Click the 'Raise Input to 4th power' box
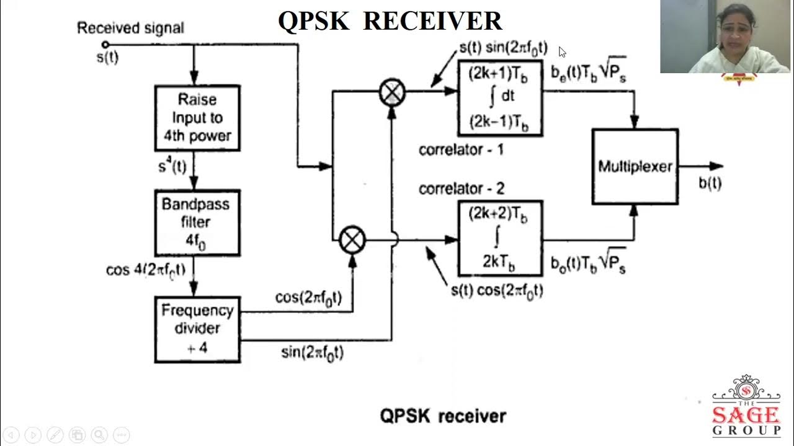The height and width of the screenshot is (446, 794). (197, 118)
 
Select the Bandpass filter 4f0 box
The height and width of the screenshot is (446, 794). (197, 222)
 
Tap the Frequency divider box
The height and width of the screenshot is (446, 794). (197, 329)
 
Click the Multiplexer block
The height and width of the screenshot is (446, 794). (635, 167)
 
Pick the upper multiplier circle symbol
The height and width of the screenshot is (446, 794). (392, 93)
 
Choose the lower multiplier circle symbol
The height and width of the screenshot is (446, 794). (352, 240)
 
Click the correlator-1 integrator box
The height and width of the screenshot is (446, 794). (500, 98)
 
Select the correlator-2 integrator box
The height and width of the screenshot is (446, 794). (500, 238)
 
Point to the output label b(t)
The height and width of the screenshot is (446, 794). (710, 183)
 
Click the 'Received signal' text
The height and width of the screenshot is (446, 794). (130, 28)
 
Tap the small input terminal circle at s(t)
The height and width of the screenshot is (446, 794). (105, 45)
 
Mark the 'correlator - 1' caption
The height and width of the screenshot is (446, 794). (461, 150)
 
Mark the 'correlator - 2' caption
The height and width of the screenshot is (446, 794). (461, 188)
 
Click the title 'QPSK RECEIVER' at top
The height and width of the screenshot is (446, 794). (390, 21)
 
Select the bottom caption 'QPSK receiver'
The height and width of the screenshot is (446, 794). (443, 416)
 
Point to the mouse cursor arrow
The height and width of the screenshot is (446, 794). (561, 52)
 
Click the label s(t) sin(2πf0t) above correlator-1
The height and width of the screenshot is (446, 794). (503, 48)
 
